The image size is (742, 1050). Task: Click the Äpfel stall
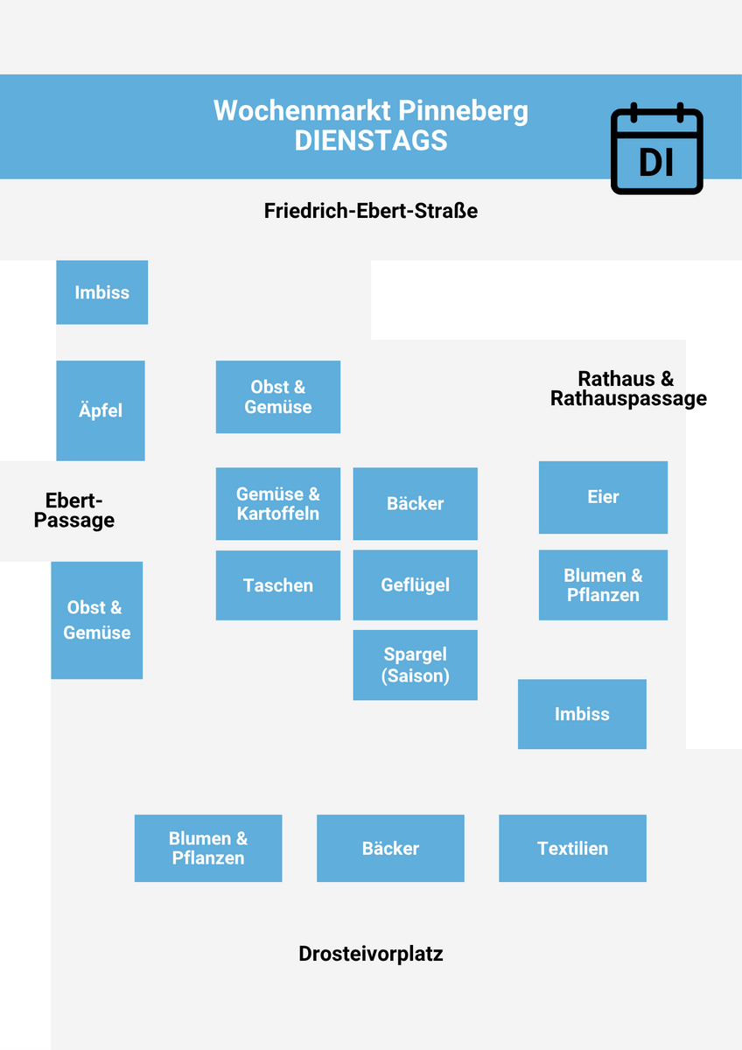[x=101, y=410]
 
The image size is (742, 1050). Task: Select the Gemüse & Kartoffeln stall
[x=277, y=504]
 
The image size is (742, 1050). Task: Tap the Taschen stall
[x=277, y=585]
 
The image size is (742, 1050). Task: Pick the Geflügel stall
[x=415, y=585]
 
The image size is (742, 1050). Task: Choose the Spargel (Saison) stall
[x=415, y=665]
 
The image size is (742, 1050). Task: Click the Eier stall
[x=603, y=497]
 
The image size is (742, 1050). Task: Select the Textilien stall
[x=572, y=848]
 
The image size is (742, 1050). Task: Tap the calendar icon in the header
[x=656, y=149]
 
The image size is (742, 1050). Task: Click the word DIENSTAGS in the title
[x=371, y=141]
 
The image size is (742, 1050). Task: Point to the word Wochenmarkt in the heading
[x=302, y=111]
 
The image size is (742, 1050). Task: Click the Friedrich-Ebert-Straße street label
[x=371, y=211]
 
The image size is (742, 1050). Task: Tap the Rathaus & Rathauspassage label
[x=627, y=388]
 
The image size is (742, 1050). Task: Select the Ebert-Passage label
[x=74, y=510]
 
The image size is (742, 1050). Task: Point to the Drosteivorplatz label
[x=371, y=953]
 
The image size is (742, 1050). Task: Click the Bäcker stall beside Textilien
[x=390, y=848]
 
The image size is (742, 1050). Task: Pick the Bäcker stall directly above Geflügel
[x=415, y=504]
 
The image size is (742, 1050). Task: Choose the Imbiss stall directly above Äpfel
[x=101, y=292]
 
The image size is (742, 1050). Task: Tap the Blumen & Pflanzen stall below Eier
[x=603, y=585]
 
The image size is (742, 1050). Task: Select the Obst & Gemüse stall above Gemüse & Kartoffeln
[x=277, y=397]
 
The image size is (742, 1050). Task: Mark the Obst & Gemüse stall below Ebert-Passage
[x=96, y=620]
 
